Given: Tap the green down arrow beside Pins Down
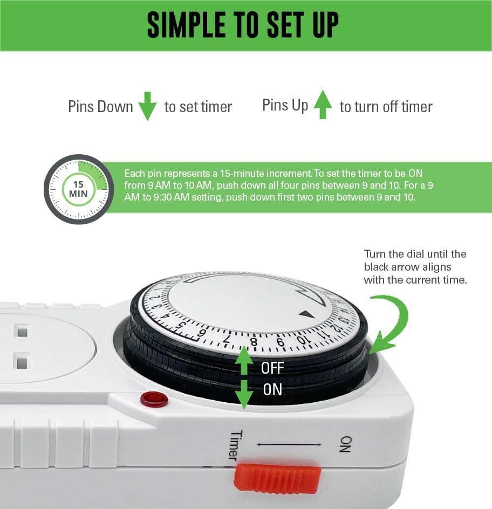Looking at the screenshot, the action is (x=147, y=106).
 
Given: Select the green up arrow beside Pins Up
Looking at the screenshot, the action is (x=323, y=104).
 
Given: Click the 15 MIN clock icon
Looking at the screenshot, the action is (x=79, y=189).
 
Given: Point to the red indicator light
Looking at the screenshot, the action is (x=154, y=400).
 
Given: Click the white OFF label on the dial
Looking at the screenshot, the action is (x=272, y=368).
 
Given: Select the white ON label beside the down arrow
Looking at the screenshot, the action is (x=272, y=389).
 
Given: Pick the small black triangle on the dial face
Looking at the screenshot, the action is (x=306, y=314).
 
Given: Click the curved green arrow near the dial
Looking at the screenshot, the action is (x=389, y=321).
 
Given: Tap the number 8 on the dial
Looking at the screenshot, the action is (x=254, y=342).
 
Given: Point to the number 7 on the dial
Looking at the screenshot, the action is (x=227, y=340).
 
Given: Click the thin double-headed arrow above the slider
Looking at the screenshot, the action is (x=289, y=444).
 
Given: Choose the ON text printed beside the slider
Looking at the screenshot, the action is (x=345, y=444).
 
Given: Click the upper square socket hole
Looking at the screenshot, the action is (x=23, y=332).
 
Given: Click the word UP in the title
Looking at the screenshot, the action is (x=326, y=25).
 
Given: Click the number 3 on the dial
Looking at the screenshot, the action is (x=158, y=307).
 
